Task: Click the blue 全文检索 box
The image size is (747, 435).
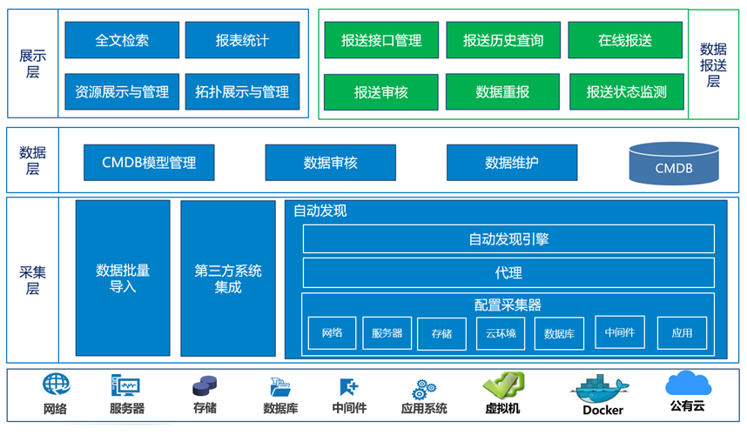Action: tap(122, 40)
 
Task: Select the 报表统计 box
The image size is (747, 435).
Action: tap(242, 40)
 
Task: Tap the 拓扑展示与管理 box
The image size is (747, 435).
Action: tap(242, 91)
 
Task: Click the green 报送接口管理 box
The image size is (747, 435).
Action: tap(381, 40)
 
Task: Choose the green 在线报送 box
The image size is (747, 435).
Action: tap(625, 40)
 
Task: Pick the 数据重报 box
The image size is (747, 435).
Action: tap(502, 91)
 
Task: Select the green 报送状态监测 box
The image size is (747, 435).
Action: tap(626, 91)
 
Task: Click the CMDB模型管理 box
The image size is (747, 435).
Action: tap(149, 163)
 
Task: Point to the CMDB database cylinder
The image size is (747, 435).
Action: tap(674, 164)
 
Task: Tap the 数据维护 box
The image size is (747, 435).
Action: tap(512, 163)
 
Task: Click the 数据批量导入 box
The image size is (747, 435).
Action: tap(123, 278)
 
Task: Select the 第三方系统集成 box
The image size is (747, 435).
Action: tap(228, 278)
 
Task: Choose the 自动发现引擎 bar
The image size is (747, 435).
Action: tap(508, 238)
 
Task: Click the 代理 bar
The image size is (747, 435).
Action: tap(508, 272)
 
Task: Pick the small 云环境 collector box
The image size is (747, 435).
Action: tap(501, 333)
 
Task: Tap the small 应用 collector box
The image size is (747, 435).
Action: tap(682, 332)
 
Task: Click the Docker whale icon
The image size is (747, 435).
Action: tap(603, 388)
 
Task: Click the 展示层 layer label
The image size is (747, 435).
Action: tap(32, 64)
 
